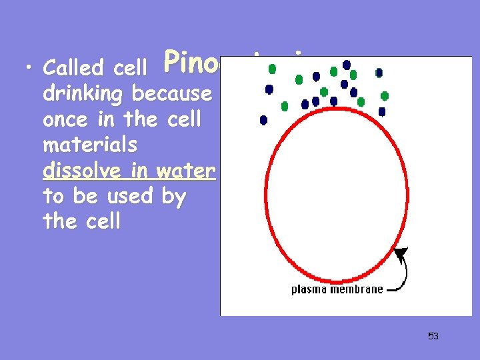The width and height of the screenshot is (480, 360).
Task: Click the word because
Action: point(172,94)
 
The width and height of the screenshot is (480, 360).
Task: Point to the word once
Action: point(65,120)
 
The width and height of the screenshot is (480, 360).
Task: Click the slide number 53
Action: point(433,336)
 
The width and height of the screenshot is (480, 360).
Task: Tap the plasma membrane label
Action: point(337,289)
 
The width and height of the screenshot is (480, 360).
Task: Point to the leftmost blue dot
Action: point(263,120)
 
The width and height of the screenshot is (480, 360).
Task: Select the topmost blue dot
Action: point(347,65)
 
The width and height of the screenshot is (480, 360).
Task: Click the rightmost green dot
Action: point(385,96)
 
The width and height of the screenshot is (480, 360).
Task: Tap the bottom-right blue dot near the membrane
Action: point(382,112)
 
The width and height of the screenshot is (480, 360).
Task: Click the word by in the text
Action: point(173,197)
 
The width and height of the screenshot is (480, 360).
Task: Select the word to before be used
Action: point(53,197)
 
